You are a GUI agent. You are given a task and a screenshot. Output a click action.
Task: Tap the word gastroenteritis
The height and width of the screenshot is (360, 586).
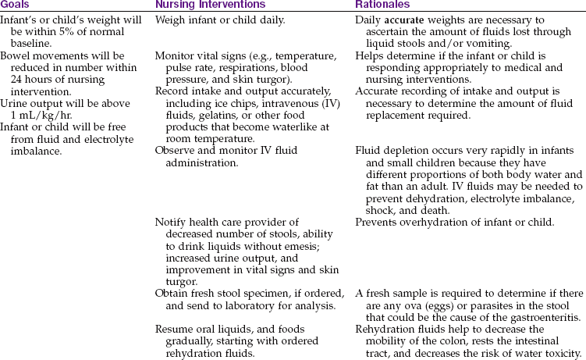pyautogui.click(x=545, y=317)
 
